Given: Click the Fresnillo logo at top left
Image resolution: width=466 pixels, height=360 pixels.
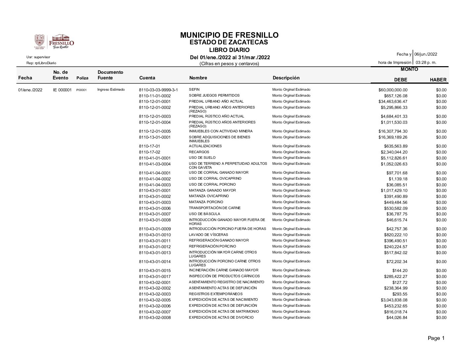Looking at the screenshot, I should (54, 42).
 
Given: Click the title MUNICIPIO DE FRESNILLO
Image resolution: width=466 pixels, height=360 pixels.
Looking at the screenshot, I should (229, 35).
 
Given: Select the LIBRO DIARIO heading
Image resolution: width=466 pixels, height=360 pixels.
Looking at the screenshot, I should (229, 50).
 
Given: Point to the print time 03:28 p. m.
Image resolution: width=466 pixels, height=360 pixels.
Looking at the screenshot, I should (426, 62).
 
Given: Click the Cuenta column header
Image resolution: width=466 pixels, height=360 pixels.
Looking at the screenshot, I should (147, 78).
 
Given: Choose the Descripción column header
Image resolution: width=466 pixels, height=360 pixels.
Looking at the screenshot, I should (286, 78).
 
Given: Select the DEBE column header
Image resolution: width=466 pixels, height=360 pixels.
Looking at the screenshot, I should (400, 80).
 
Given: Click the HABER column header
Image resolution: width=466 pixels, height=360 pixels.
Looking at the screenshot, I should (438, 80).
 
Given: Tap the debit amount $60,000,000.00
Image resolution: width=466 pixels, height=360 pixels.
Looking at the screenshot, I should (393, 90).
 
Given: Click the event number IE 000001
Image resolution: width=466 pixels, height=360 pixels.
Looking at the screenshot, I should (62, 90).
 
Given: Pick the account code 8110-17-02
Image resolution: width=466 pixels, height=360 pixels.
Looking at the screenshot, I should (150, 152).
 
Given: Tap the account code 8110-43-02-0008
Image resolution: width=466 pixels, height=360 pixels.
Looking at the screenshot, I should (155, 318).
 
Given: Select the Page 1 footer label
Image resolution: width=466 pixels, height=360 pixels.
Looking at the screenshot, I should (436, 338).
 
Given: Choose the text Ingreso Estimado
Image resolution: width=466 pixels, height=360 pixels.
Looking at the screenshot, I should (111, 90).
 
